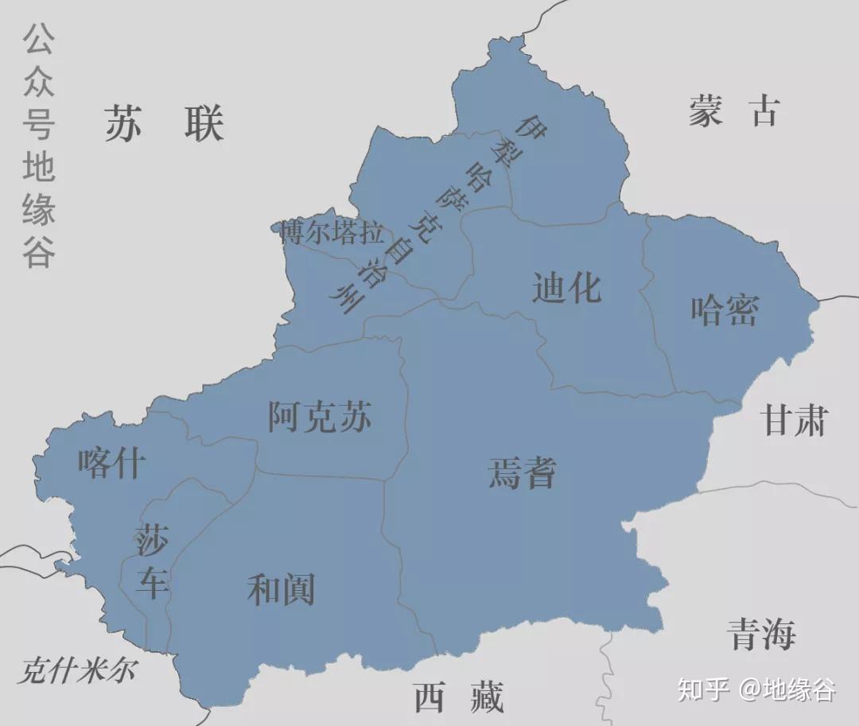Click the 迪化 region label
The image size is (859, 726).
566,287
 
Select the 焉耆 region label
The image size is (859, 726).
522,472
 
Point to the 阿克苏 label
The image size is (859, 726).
320,416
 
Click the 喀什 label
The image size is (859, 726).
112,462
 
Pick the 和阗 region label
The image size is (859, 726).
281,590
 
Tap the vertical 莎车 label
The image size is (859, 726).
151,561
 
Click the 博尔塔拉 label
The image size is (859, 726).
332,234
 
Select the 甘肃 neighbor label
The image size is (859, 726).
795,419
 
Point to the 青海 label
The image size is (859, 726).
761,634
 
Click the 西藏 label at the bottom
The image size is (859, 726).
459,698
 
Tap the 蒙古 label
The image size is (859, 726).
733,111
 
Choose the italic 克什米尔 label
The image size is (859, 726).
76,670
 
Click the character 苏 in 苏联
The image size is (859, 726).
123,123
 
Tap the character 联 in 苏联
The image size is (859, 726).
204,123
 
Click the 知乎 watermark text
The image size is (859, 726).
703,689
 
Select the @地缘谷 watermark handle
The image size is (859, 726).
787,689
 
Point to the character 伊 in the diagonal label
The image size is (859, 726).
531,126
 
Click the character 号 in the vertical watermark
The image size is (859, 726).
38,124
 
